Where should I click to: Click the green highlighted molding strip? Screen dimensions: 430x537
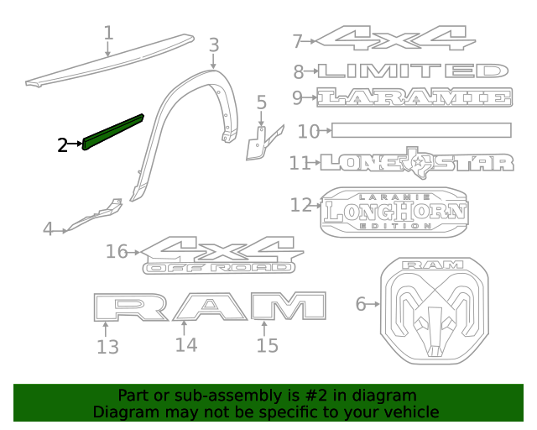pos(112,132)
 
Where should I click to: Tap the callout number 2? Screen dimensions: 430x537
pos(62,145)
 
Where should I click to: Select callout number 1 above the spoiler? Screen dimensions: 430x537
pos(107,33)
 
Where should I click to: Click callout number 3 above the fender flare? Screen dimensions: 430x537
pos(213,45)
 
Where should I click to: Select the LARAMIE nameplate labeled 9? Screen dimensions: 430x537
pos(415,97)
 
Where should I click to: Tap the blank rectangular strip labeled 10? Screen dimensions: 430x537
pos(420,130)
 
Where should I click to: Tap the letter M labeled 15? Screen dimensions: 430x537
pos(288,307)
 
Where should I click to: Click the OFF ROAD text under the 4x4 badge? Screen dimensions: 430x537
pos(220,268)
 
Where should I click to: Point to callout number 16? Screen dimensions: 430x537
pos(117,251)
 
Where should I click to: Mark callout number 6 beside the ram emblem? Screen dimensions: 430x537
pos(361,304)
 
